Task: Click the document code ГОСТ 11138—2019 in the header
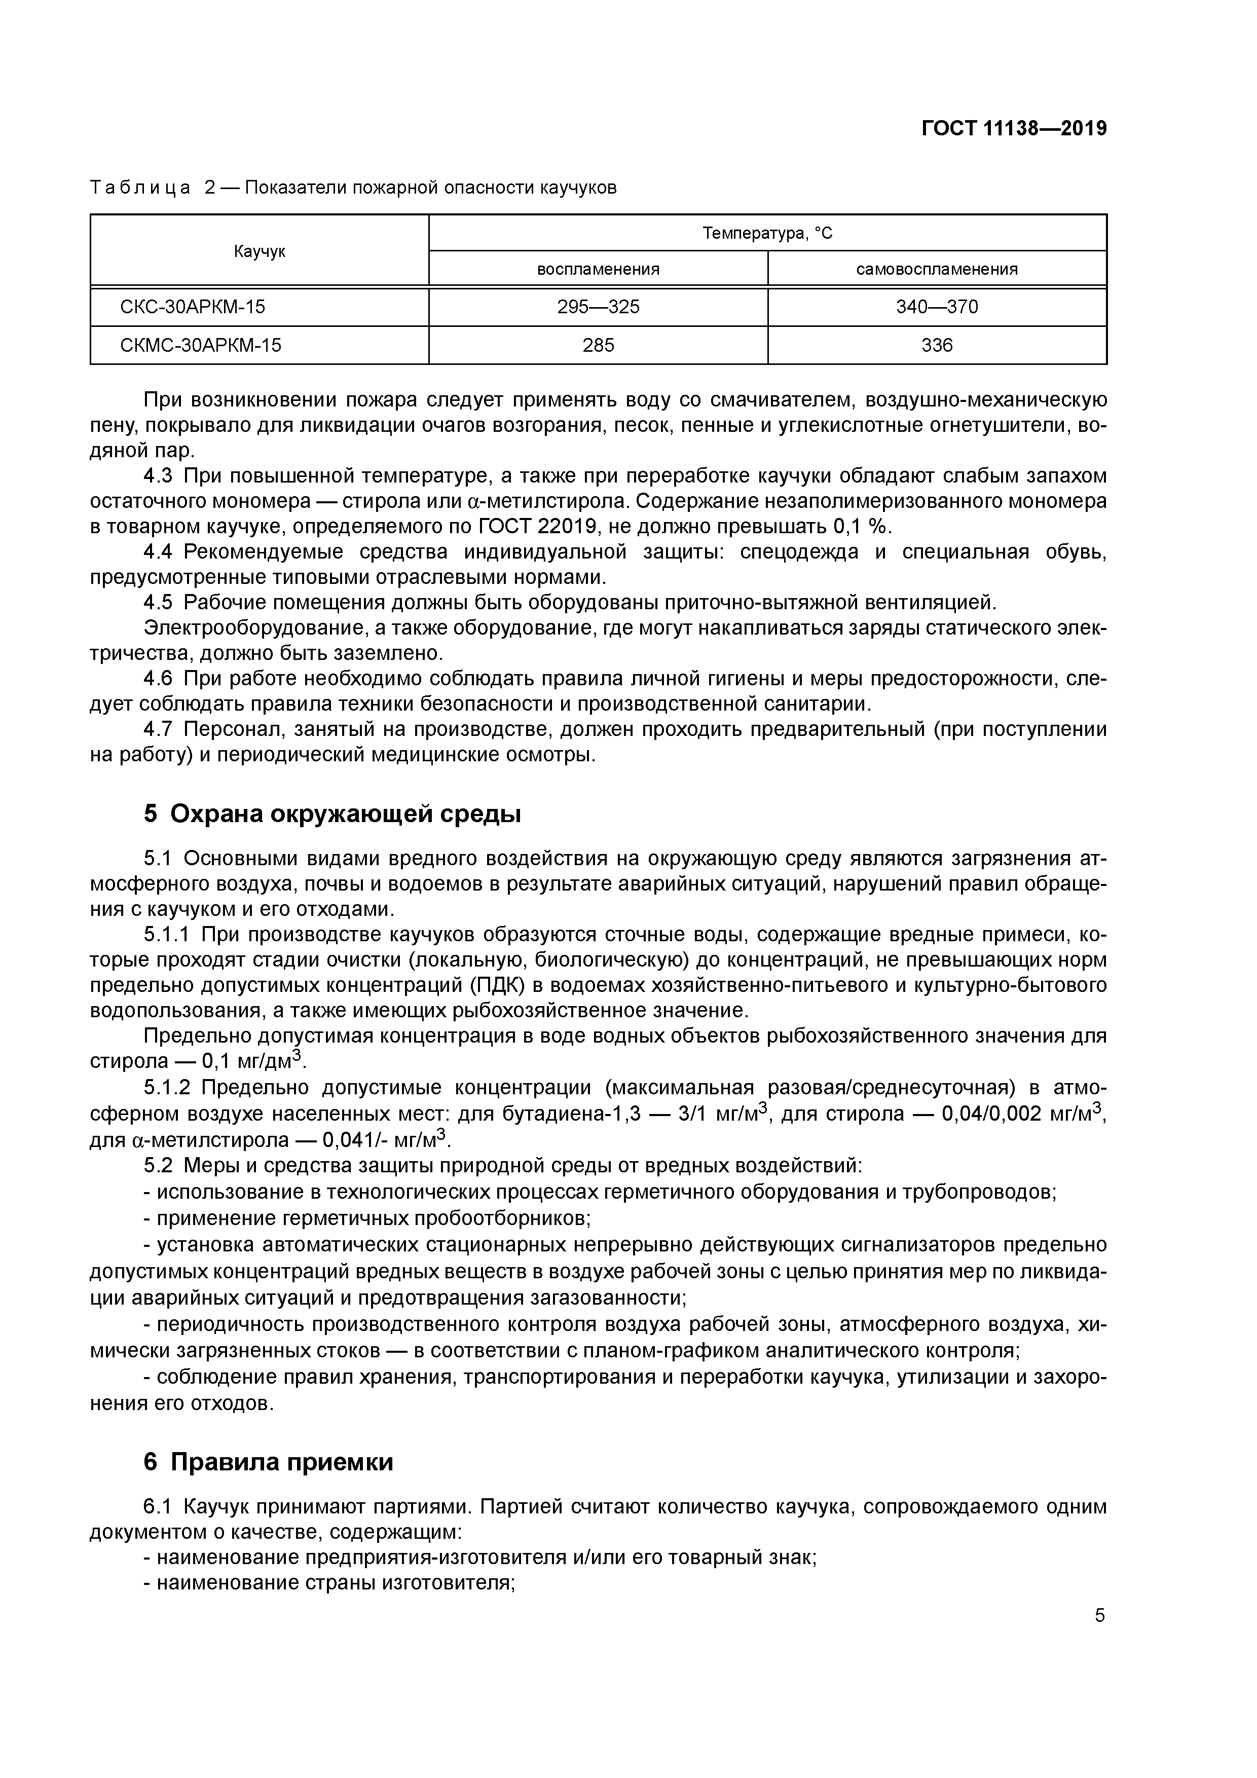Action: pyautogui.click(x=1013, y=129)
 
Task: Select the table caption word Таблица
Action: pyautogui.click(x=140, y=188)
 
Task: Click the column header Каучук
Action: pyautogui.click(x=260, y=251)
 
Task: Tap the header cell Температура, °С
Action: pyautogui.click(x=767, y=233)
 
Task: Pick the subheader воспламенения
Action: pyautogui.click(x=598, y=270)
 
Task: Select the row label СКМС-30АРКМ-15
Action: pyautogui.click(x=201, y=345)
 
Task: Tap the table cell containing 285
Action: pyautogui.click(x=598, y=345)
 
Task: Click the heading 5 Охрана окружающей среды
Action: pyautogui.click(x=332, y=814)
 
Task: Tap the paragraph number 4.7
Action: pyautogui.click(x=160, y=729)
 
